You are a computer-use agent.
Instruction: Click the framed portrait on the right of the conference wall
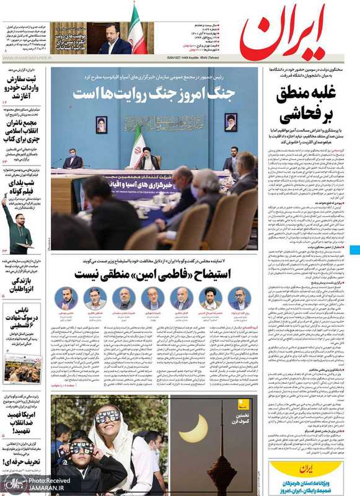pyautogui.click(x=230, y=122)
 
